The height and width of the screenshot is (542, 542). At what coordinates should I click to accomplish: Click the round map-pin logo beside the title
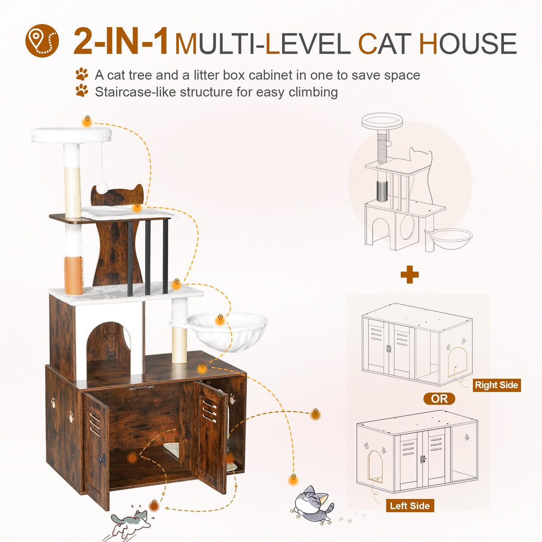pyautogui.click(x=42, y=41)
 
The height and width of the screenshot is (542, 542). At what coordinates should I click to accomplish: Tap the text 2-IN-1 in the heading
pyautogui.click(x=121, y=42)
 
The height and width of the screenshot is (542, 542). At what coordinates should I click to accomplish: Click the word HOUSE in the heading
pyautogui.click(x=467, y=44)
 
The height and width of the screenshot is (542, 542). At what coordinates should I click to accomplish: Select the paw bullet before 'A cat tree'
pyautogui.click(x=82, y=74)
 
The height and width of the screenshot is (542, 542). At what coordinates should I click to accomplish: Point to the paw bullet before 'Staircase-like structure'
pyautogui.click(x=82, y=91)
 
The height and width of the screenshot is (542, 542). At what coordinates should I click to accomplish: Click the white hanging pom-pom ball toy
pyautogui.click(x=102, y=188)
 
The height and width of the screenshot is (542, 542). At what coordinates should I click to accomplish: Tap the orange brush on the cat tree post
pyautogui.click(x=74, y=275)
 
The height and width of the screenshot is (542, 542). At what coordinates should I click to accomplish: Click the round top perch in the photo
pyautogui.click(x=71, y=134)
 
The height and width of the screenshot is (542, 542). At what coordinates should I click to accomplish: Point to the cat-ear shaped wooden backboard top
pyautogui.click(x=117, y=195)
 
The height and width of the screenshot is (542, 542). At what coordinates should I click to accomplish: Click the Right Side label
pyautogui.click(x=496, y=385)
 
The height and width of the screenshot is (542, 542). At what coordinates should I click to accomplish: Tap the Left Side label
pyautogui.click(x=409, y=505)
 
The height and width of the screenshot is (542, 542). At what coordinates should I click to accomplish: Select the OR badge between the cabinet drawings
pyautogui.click(x=439, y=399)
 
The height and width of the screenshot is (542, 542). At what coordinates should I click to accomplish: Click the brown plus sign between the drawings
pyautogui.click(x=409, y=275)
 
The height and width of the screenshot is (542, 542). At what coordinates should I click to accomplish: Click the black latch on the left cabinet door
pyautogui.click(x=104, y=459)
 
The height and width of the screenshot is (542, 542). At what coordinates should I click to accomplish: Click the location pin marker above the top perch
pyautogui.click(x=88, y=120)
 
